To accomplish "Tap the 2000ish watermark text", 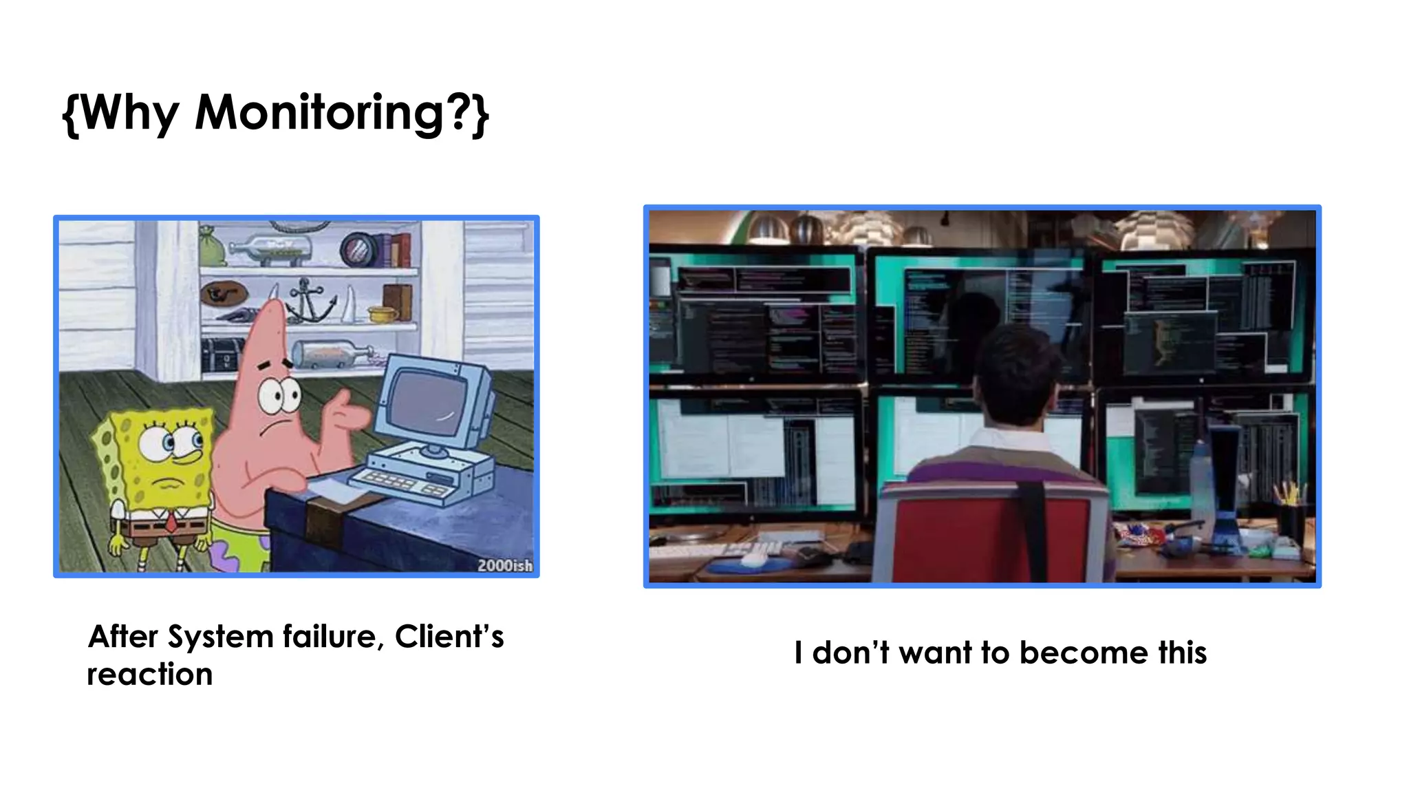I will [x=504, y=566].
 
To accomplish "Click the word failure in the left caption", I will [x=332, y=637].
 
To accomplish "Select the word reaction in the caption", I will [x=150, y=675].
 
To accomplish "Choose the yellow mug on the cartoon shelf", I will [x=382, y=315].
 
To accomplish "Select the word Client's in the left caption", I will [x=449, y=637].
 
